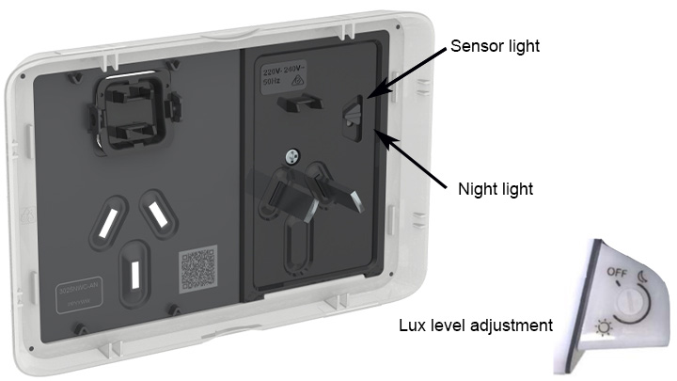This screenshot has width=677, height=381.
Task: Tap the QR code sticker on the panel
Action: [198, 269]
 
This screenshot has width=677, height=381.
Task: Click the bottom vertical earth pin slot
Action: [137, 272]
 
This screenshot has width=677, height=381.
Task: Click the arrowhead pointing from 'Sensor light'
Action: [370, 94]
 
